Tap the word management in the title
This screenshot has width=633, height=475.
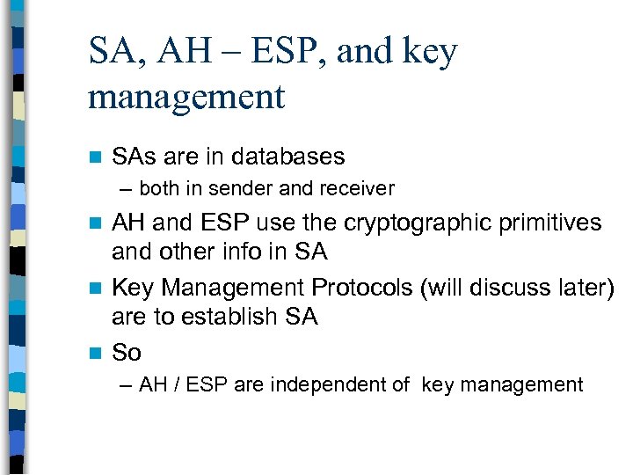point(186,97)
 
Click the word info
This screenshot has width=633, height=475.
point(249,252)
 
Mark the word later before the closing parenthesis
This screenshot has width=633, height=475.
point(584,287)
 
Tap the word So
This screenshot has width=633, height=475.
point(127,353)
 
